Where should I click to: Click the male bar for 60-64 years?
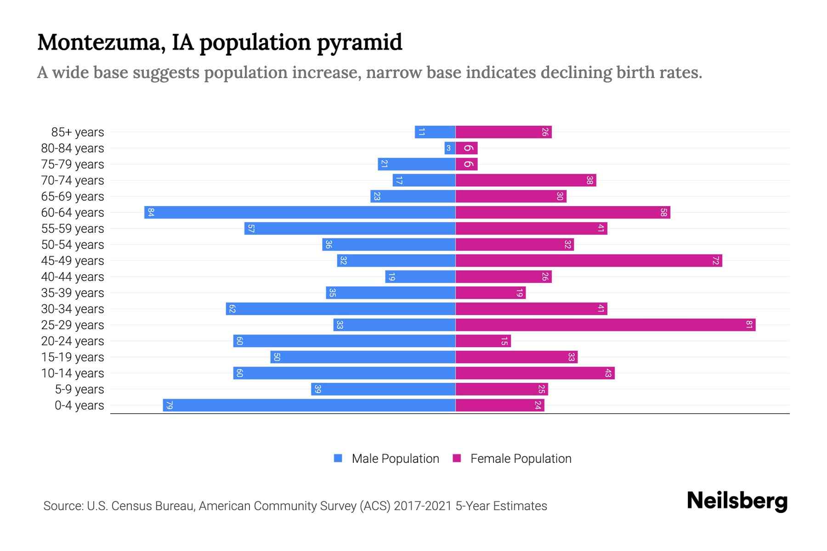click(300, 212)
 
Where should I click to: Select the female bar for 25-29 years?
click(605, 325)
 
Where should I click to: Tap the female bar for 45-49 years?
click(589, 260)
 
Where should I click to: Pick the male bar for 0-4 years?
click(309, 405)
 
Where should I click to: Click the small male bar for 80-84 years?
click(450, 148)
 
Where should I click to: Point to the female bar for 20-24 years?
click(483, 341)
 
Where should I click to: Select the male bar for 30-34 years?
click(340, 309)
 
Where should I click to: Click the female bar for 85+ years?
click(503, 132)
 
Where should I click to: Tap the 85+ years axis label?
click(78, 132)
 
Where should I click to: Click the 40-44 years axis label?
click(73, 277)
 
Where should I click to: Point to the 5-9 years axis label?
click(79, 389)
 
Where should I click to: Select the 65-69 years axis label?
click(73, 197)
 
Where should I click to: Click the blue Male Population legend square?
click(338, 458)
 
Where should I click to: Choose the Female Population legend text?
click(521, 459)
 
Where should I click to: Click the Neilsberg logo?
click(737, 501)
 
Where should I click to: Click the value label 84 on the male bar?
click(151, 212)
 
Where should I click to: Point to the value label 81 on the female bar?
click(749, 325)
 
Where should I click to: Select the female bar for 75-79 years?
click(466, 164)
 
